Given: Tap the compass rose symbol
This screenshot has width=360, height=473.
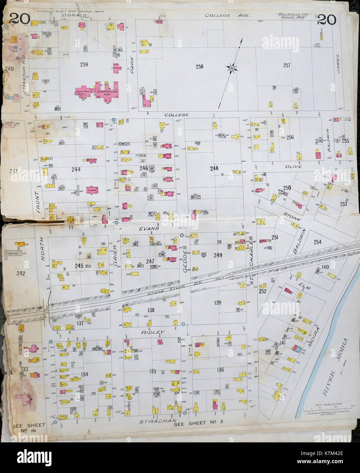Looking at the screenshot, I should [232, 68].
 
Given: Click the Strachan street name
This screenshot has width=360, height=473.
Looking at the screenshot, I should [154, 422].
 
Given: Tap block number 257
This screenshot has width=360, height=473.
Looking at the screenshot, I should [287, 66].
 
